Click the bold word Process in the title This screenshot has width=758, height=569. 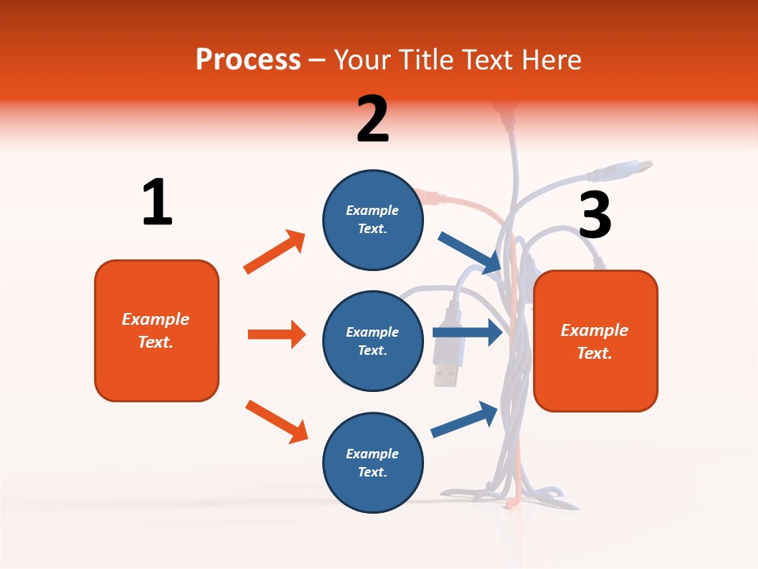(x=248, y=59)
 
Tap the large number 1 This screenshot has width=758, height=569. (x=157, y=202)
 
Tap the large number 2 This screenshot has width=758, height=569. (x=372, y=119)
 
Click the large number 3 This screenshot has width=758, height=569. (x=595, y=216)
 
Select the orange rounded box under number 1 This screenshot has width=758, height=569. (x=156, y=330)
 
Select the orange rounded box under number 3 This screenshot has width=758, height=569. (x=595, y=341)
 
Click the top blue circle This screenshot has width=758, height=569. (x=373, y=220)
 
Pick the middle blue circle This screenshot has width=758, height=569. (x=373, y=341)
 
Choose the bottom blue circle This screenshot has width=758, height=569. (x=373, y=462)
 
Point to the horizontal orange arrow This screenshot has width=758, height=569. (x=276, y=334)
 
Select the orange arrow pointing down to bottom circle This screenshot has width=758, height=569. (x=276, y=421)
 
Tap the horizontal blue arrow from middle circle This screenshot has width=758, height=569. (x=467, y=332)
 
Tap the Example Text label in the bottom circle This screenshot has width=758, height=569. (x=373, y=462)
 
